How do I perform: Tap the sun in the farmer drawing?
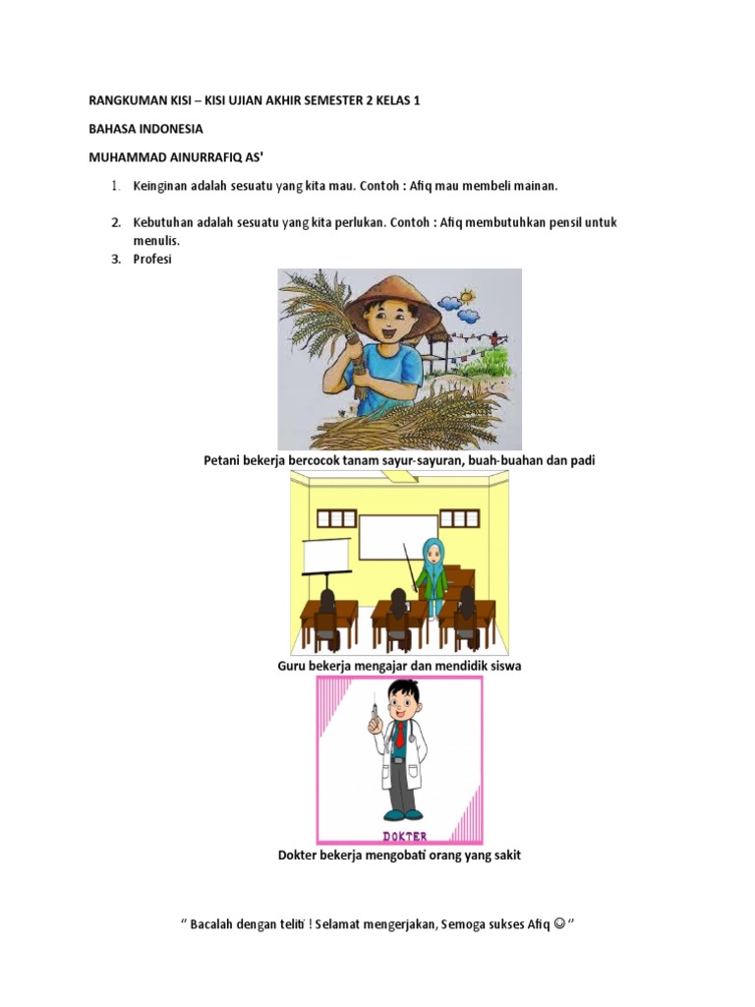(466, 294)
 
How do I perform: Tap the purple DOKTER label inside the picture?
(400, 837)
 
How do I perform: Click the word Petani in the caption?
(221, 460)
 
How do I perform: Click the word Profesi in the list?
(152, 260)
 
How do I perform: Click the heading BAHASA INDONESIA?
(145, 128)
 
